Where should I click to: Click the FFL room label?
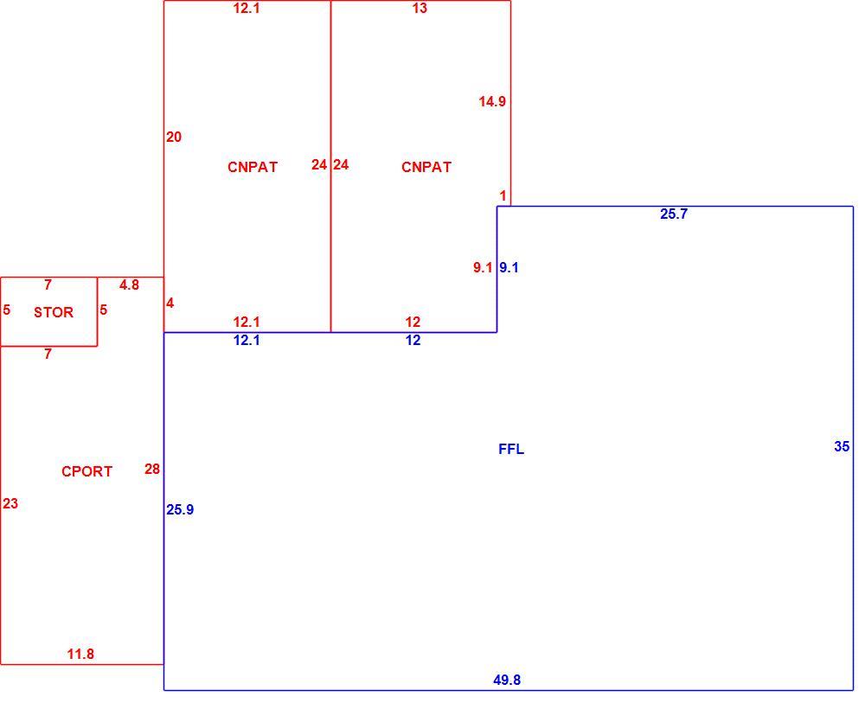click(x=511, y=449)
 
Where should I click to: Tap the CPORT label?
click(x=86, y=471)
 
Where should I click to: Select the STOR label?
click(x=54, y=312)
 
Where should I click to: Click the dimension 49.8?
click(x=507, y=680)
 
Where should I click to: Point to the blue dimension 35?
click(x=842, y=446)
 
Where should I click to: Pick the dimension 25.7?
click(x=674, y=214)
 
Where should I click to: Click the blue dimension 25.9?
click(x=180, y=509)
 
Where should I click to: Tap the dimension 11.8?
click(x=80, y=654)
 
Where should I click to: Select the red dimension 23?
click(x=10, y=503)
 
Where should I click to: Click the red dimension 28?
click(x=152, y=469)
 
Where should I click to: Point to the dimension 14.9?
click(x=492, y=101)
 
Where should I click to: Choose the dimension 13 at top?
click(x=420, y=8)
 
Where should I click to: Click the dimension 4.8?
click(x=129, y=284)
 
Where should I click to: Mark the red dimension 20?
click(x=174, y=137)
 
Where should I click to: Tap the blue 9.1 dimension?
click(x=509, y=267)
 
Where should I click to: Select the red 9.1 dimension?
click(x=483, y=267)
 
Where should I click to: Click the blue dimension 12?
click(x=413, y=341)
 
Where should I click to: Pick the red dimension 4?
click(x=170, y=303)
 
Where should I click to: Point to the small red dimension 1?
click(x=503, y=195)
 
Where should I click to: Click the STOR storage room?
click(x=49, y=311)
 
